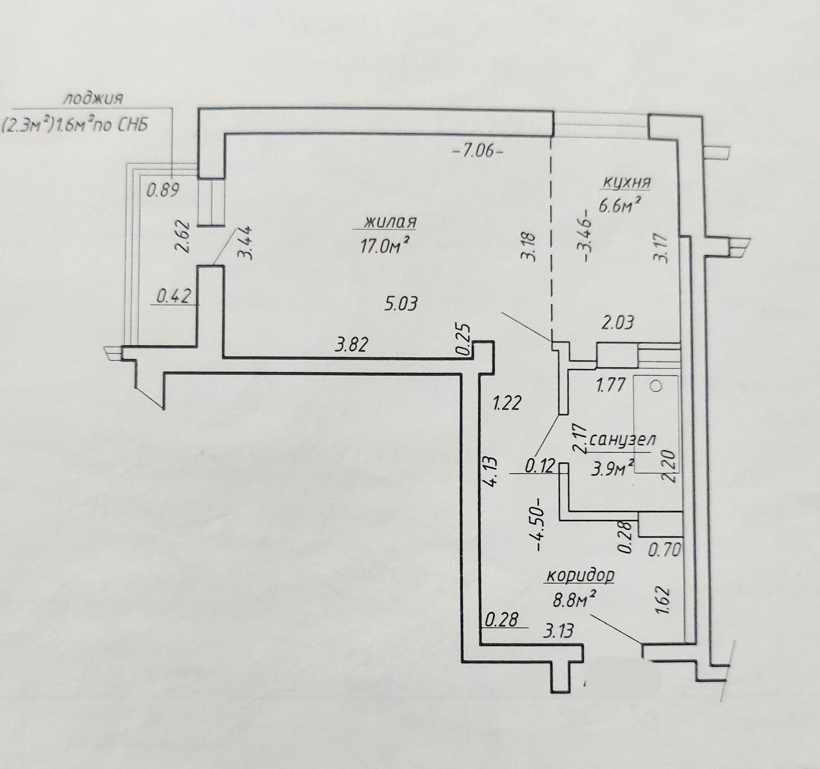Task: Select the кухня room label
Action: click(627, 182)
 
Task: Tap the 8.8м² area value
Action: click(574, 600)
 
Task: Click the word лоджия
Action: click(93, 99)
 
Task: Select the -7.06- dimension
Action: click(477, 151)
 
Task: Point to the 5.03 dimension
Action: click(401, 304)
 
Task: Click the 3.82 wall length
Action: click(351, 344)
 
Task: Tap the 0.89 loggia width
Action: click(162, 190)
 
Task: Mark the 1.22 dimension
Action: click(507, 403)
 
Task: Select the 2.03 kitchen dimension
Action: click(618, 322)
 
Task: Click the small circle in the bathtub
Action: click(656, 387)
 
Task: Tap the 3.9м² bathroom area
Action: click(612, 469)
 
